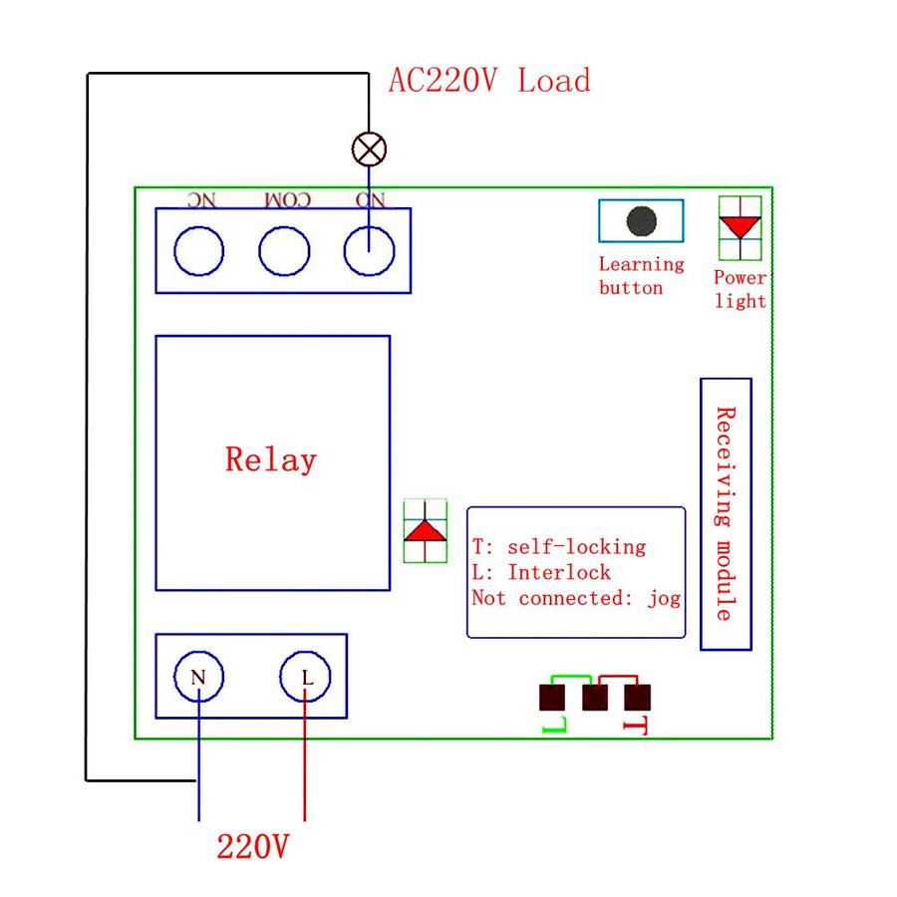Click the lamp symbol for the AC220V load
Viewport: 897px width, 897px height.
tap(369, 149)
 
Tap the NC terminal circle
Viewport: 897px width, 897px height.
tap(198, 251)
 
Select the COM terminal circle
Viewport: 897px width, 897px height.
tap(284, 251)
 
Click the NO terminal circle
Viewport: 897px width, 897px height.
tap(369, 251)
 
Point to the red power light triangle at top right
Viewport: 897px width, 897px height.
tap(740, 226)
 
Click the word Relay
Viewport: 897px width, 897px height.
tap(270, 459)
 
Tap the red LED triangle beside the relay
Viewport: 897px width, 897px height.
tap(426, 531)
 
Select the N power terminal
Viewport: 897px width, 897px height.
tap(198, 678)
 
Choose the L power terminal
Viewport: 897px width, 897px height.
tap(306, 678)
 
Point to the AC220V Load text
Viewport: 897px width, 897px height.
tap(488, 81)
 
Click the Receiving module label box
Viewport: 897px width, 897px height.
tap(726, 513)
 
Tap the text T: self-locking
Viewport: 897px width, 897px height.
tap(558, 547)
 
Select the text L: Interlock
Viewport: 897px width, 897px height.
tap(541, 573)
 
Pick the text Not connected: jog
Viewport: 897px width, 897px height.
tap(575, 598)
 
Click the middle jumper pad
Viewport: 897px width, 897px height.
tap(595, 696)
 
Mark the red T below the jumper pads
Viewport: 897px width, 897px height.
tap(635, 726)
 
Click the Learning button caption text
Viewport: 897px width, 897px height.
tap(641, 276)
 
